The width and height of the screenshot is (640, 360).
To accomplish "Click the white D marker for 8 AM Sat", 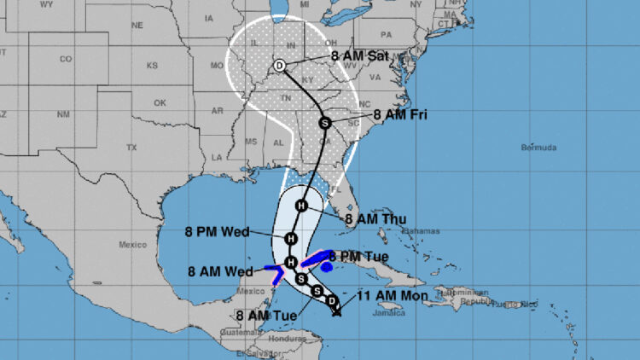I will [x=279, y=65].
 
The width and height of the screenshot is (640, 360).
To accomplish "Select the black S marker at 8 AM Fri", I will [x=324, y=123].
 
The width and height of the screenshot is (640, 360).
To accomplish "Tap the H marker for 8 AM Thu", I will [x=301, y=206].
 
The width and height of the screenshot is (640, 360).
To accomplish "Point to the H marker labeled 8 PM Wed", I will [x=291, y=238].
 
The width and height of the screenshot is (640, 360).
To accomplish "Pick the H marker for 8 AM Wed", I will [x=291, y=261].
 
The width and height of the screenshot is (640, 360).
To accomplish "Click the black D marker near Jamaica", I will [x=331, y=299].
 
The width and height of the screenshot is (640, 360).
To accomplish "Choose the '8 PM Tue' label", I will [x=358, y=256].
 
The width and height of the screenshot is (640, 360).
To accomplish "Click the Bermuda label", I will [x=538, y=148].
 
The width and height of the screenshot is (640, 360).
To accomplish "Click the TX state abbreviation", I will [x=131, y=148].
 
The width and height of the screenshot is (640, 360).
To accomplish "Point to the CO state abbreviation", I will [x=66, y=59].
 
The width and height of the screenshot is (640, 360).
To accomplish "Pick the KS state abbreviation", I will [x=152, y=66].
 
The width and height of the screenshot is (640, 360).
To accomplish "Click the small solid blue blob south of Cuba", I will [x=327, y=267].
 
